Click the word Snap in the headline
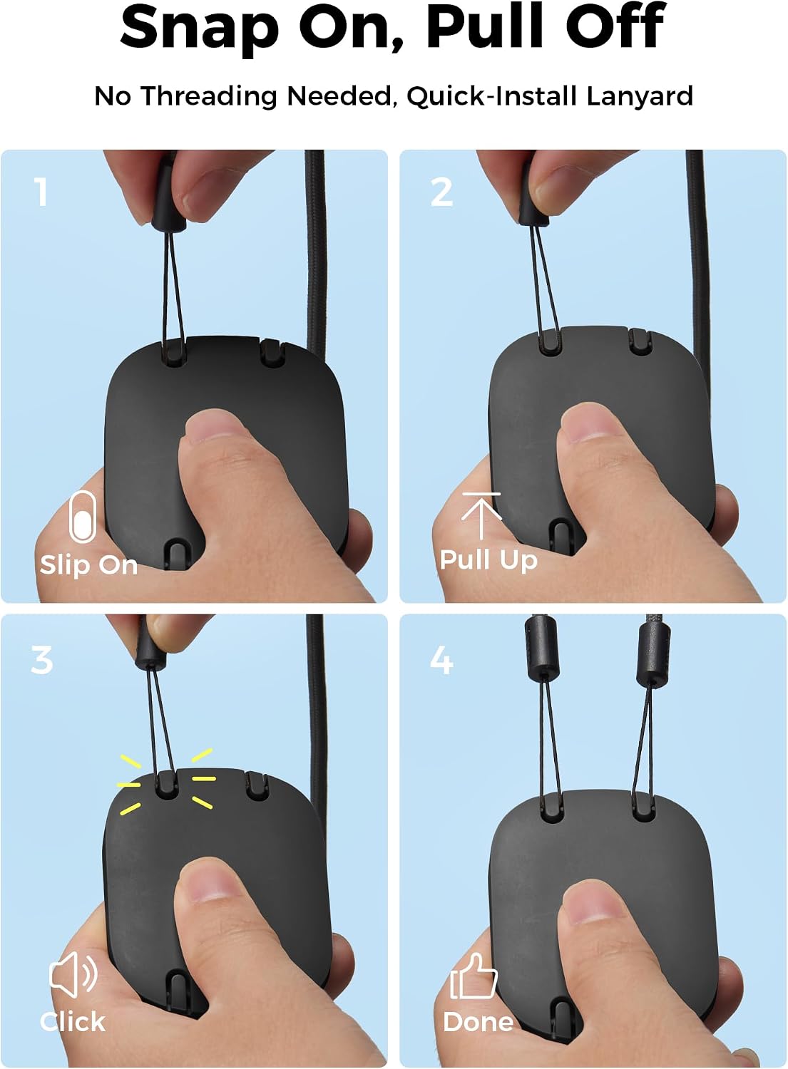pos(199,29)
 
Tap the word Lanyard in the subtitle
pos(639,95)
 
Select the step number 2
pos(441,192)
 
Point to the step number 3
pos(41,660)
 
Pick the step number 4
pos(441,660)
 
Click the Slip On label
pos(89,565)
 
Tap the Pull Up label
pos(488,560)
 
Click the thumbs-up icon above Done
pos(474,976)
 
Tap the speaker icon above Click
pos(73,974)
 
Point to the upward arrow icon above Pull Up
pos(481,515)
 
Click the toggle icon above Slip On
pos(82,517)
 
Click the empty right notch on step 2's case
pos(640,341)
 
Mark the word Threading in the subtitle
pos(209,96)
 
